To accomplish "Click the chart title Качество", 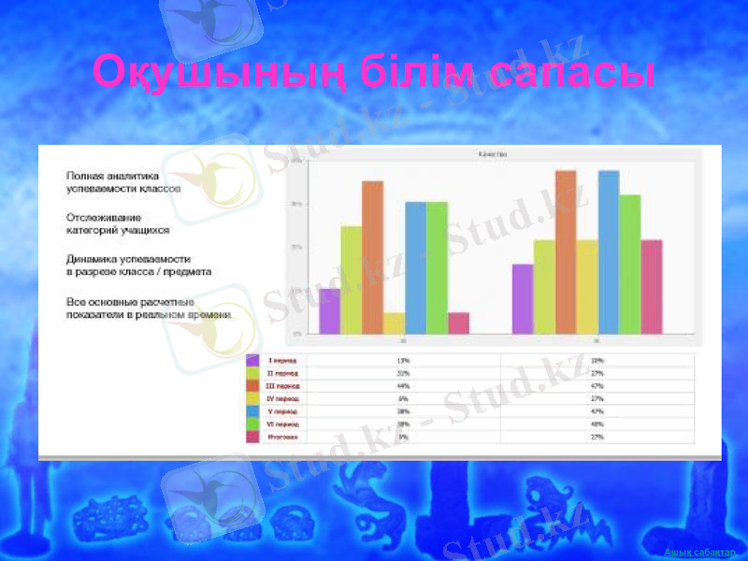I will pyautogui.click(x=492, y=155).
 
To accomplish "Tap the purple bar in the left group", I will pyautogui.click(x=329, y=310).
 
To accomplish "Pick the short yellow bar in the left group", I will pyautogui.click(x=394, y=323).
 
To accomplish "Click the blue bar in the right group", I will pyautogui.click(x=609, y=252).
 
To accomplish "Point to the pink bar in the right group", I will pyautogui.click(x=652, y=286).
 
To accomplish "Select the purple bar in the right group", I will pyautogui.click(x=523, y=298).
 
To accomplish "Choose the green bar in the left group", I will pyautogui.click(x=437, y=267).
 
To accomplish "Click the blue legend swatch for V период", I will pyautogui.click(x=252, y=411).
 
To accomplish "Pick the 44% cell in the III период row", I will pyautogui.click(x=403, y=385).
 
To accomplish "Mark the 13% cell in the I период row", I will pyautogui.click(x=403, y=360).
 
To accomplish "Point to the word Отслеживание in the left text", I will pyautogui.click(x=104, y=216).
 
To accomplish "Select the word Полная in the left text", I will pyautogui.click(x=84, y=175).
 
